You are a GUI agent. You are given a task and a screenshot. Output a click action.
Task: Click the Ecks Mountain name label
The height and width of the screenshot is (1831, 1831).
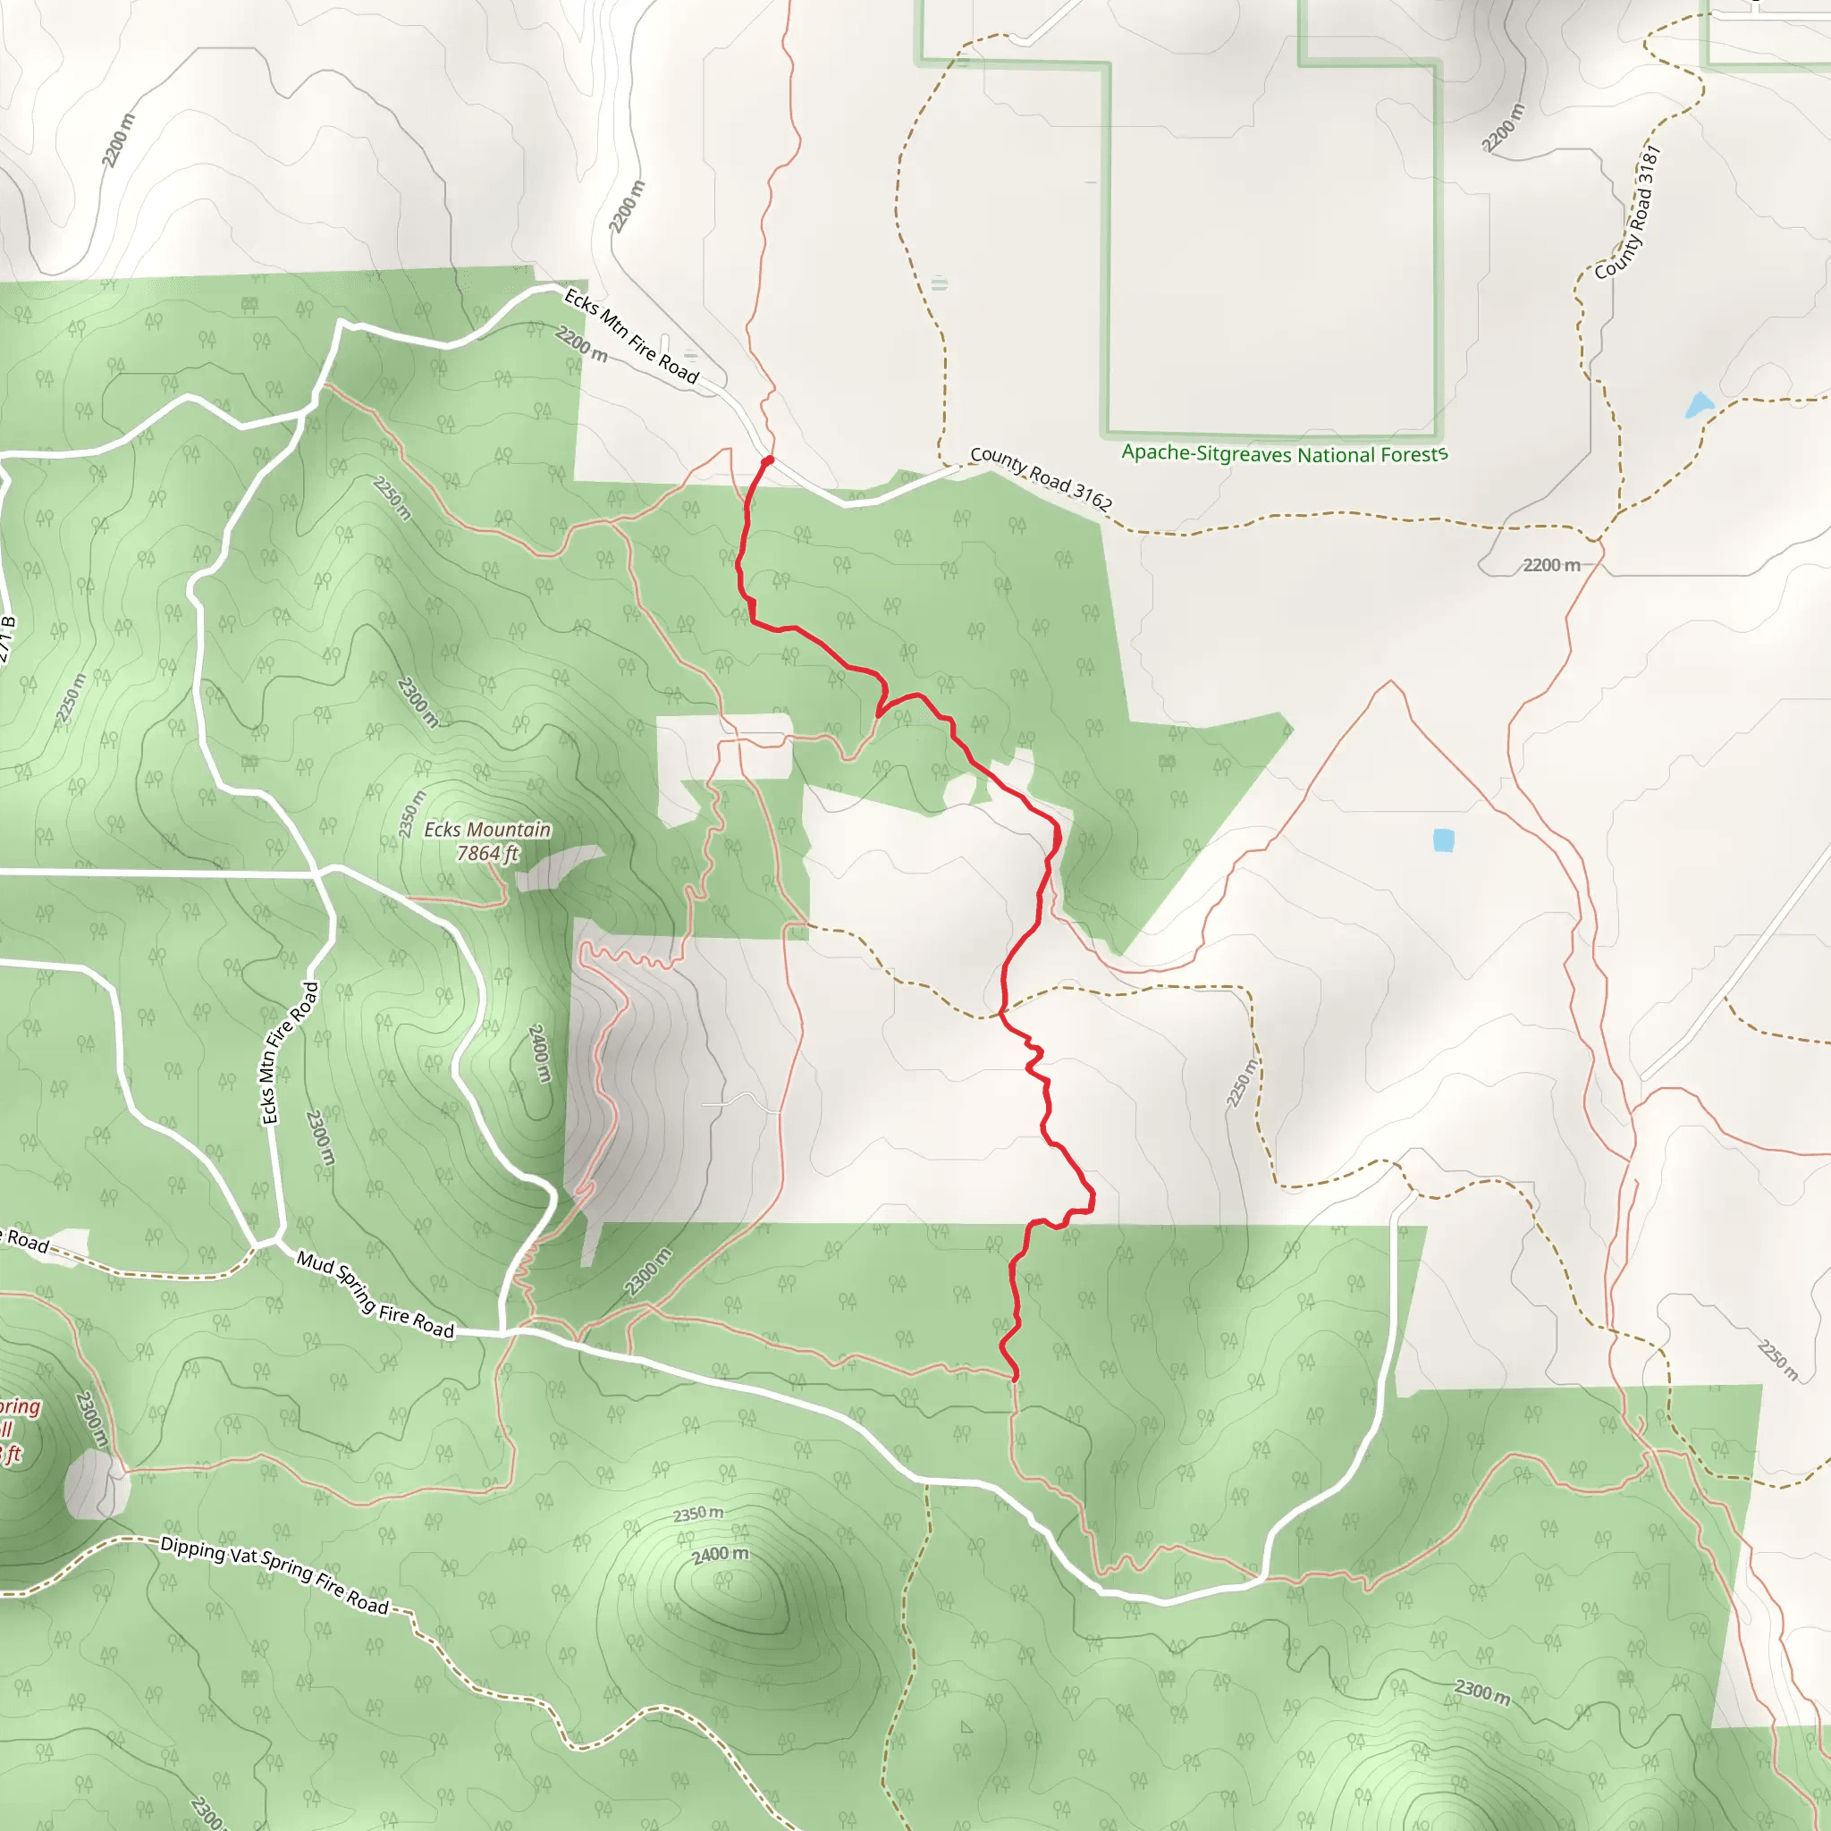[x=487, y=830]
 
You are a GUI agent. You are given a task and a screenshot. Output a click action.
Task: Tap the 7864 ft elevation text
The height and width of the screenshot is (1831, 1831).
[x=487, y=853]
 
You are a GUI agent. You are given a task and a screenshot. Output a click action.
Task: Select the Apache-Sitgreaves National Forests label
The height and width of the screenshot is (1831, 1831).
[x=1284, y=454]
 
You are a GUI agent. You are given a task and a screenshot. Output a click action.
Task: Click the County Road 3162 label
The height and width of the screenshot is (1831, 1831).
[x=1041, y=477]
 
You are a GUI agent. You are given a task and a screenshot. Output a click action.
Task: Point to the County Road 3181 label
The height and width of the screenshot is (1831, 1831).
[x=1627, y=214]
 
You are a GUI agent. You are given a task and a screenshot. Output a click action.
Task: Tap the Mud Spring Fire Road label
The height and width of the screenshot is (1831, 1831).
[x=375, y=1294]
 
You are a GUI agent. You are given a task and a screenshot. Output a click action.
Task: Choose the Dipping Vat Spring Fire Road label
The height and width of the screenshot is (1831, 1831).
[x=274, y=1574]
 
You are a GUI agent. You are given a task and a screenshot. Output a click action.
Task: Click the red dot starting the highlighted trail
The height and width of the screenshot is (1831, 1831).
[x=768, y=460]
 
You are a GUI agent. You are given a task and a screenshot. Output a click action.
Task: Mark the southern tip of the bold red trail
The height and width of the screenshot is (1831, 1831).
[x=1015, y=1378]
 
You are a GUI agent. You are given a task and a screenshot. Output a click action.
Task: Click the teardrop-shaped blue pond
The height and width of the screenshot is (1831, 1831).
[x=1699, y=406]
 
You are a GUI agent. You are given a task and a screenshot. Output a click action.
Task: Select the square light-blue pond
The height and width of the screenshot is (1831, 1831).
[x=1443, y=840]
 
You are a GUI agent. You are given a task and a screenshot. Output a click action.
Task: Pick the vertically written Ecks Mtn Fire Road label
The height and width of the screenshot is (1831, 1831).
[x=289, y=1053]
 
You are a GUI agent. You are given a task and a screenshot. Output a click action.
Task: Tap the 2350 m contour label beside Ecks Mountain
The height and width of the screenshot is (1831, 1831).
[x=412, y=814]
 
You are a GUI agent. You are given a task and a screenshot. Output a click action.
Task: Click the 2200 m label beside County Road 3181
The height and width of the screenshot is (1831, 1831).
[x=1504, y=128]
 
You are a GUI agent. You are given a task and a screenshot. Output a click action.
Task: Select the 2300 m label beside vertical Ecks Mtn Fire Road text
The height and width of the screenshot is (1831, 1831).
[x=321, y=1138]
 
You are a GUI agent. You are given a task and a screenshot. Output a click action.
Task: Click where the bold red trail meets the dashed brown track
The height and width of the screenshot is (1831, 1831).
[x=1001, y=1014]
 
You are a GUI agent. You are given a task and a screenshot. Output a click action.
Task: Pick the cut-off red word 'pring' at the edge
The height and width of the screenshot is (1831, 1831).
[x=19, y=1406]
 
